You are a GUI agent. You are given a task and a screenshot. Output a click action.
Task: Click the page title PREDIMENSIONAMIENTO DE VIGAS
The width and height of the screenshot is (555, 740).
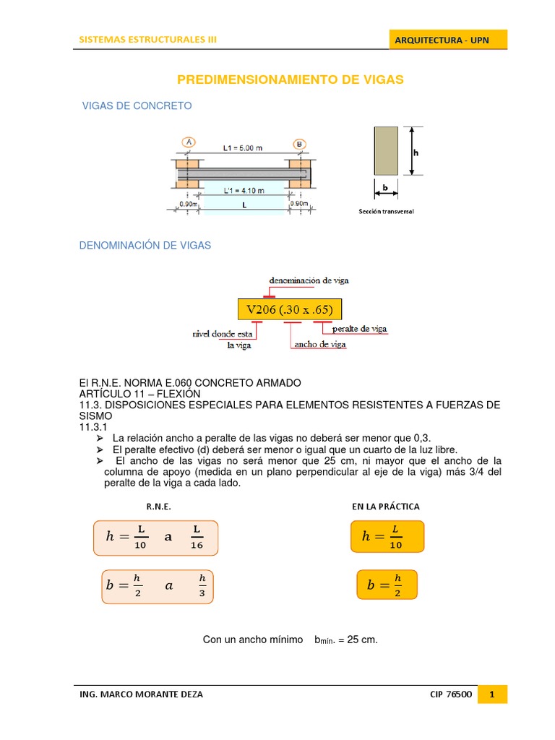pos(291,79)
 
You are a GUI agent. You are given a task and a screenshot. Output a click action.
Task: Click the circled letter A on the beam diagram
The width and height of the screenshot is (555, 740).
pos(189,142)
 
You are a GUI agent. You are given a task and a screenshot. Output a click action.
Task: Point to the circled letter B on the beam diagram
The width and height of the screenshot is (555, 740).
pos(299,144)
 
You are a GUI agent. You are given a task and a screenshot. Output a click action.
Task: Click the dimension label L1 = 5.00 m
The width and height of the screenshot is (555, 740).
pos(242,148)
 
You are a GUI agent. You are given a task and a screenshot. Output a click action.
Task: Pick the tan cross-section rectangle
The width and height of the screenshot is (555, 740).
pos(386,150)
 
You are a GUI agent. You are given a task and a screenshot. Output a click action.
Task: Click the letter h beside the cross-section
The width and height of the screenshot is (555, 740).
pos(416,152)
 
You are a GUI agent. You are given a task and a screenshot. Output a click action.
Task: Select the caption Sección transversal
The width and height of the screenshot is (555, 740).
pos(386,212)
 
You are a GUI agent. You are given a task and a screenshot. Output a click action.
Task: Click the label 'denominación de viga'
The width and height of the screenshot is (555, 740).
pos(309,279)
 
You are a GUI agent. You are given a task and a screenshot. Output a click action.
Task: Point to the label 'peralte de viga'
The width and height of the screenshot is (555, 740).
pos(359,329)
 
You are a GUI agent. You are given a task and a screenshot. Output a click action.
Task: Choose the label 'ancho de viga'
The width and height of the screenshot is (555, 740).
pos(319,345)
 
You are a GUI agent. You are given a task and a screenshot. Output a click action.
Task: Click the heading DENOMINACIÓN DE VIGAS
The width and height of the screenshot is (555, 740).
pos(145,246)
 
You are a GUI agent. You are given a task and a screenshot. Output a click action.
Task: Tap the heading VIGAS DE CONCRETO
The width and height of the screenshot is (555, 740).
pos(137,106)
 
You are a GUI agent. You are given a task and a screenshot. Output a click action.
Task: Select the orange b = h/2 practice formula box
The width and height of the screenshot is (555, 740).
pos(387,584)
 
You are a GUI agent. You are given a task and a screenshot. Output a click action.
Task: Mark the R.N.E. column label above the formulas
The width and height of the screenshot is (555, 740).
pos(158,507)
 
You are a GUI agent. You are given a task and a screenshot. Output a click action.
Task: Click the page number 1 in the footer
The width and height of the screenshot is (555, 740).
pos(492,695)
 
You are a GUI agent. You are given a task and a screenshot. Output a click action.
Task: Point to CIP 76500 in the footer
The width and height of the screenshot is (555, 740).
pos(450,695)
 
